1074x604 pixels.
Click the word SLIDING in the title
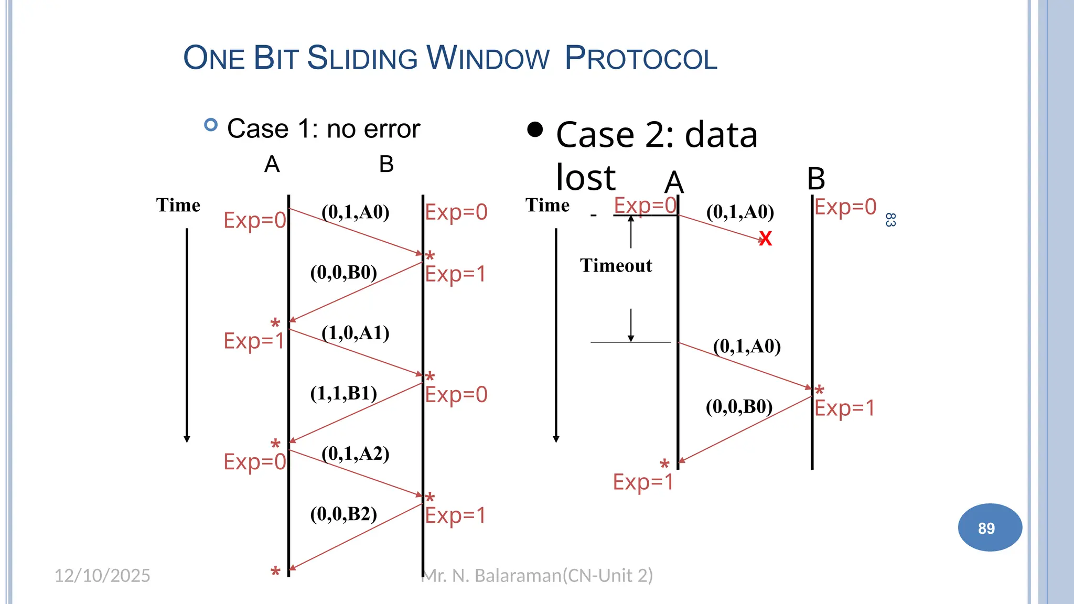(x=362, y=58)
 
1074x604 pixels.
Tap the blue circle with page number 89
(x=990, y=527)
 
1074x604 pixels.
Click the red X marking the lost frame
(x=765, y=239)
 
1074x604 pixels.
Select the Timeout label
(x=616, y=266)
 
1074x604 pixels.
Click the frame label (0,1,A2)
(x=356, y=454)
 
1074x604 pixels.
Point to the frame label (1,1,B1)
(x=343, y=393)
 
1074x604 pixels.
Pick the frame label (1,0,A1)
(x=356, y=333)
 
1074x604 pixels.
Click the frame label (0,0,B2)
(x=343, y=514)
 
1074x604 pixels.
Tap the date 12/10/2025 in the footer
(x=102, y=576)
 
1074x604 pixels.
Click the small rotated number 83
(x=890, y=220)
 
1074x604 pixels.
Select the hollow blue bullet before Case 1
(x=211, y=125)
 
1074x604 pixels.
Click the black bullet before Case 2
(x=535, y=130)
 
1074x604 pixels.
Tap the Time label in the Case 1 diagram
(x=178, y=205)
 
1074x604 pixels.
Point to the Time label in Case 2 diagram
(x=547, y=205)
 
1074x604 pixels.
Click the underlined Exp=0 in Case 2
(x=645, y=205)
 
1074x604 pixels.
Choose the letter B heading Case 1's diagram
(x=386, y=165)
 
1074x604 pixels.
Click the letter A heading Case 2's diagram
(x=674, y=182)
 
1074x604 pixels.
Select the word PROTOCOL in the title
(x=641, y=58)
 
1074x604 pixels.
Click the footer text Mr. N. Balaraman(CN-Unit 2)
(x=538, y=576)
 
